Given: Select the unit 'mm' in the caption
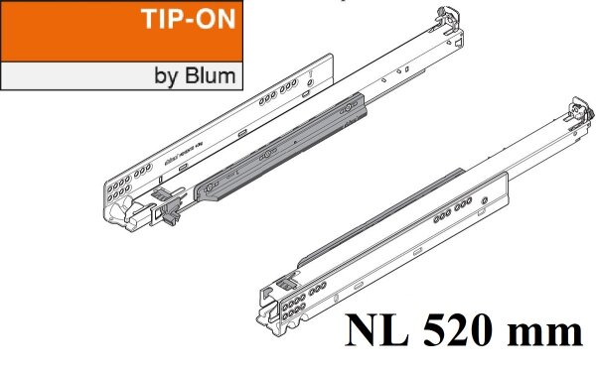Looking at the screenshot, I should pyautogui.click(x=547, y=330).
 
